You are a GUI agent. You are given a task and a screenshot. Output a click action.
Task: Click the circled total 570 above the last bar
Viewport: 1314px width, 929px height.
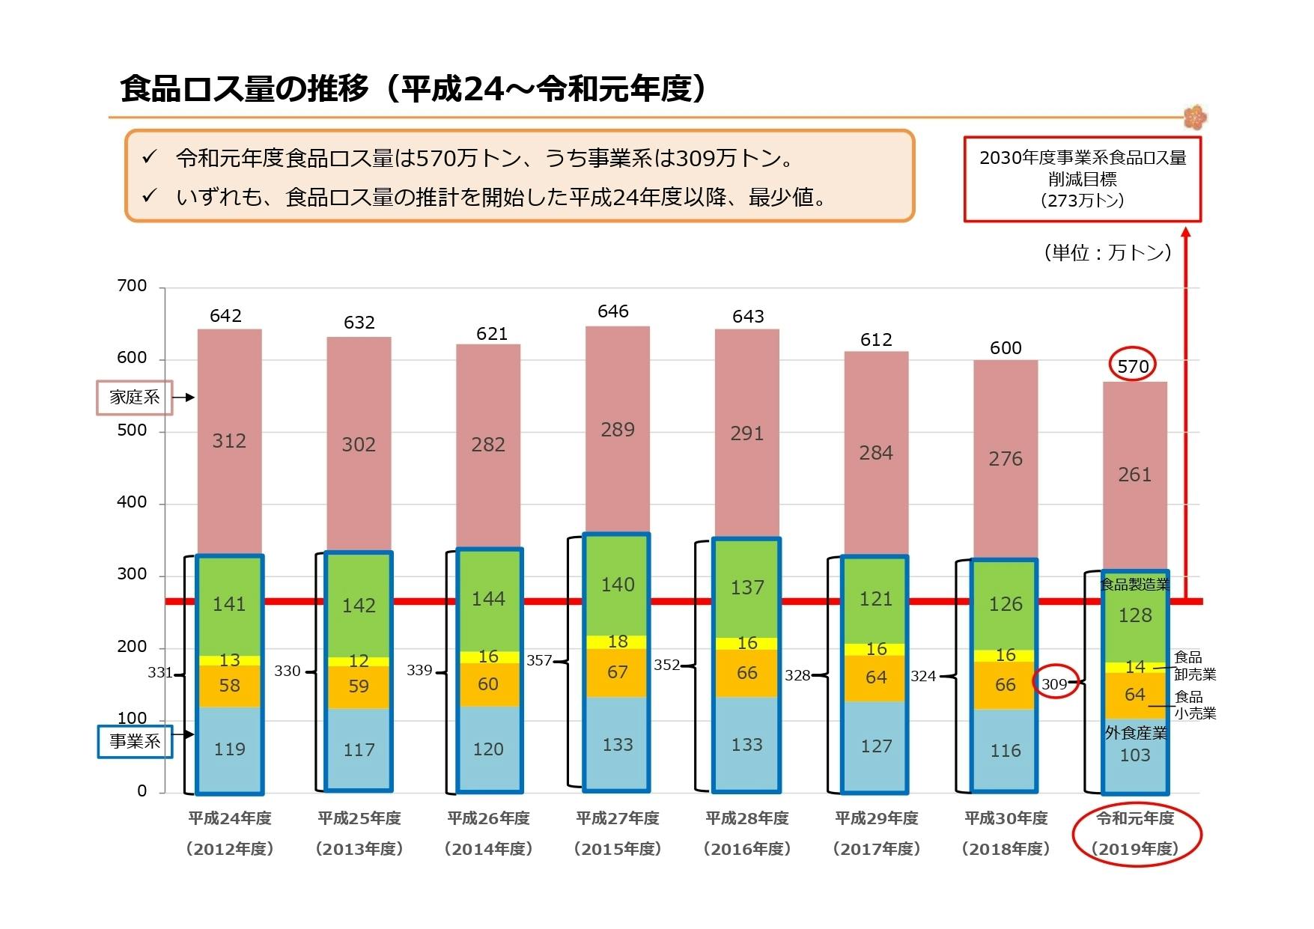(1132, 366)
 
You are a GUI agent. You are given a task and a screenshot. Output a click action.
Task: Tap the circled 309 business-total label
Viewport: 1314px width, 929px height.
(1054, 683)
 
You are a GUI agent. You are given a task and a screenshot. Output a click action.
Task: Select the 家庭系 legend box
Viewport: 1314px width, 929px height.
(135, 398)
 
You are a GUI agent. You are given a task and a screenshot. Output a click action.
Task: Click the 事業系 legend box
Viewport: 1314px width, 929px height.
(135, 741)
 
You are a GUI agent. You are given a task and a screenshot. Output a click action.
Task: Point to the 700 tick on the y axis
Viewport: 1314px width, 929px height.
(132, 286)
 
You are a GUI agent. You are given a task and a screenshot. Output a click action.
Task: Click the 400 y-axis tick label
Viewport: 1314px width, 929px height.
(132, 502)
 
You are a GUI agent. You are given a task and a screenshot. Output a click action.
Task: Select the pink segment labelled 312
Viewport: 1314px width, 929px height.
(229, 441)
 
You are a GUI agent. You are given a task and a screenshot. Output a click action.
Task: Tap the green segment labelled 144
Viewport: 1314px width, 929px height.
(488, 599)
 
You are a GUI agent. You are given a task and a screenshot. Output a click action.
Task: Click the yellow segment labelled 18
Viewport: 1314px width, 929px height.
(618, 642)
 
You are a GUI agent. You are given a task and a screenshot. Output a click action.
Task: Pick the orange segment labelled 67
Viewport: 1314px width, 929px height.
(618, 672)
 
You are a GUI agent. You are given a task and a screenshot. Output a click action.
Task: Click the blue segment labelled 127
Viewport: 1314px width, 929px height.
(876, 746)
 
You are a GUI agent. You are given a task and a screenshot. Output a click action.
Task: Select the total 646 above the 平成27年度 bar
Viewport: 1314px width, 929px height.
(612, 311)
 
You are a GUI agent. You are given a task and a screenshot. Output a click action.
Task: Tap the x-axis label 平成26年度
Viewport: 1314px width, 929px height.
(488, 818)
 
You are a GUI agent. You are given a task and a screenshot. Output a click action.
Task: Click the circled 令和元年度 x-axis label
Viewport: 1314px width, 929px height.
(1135, 833)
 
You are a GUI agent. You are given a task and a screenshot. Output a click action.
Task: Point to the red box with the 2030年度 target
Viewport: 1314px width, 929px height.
(1082, 179)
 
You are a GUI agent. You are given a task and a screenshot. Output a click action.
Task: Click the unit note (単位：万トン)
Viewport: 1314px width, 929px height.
(1107, 252)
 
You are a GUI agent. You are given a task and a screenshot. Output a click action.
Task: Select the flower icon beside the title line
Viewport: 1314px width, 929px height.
(1195, 118)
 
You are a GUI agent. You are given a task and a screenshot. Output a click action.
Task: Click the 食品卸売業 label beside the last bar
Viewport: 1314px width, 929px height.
(1193, 665)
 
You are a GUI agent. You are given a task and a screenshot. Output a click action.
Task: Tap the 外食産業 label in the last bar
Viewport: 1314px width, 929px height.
(1135, 733)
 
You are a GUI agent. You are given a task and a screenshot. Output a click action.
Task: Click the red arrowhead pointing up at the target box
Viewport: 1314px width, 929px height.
(1186, 233)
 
